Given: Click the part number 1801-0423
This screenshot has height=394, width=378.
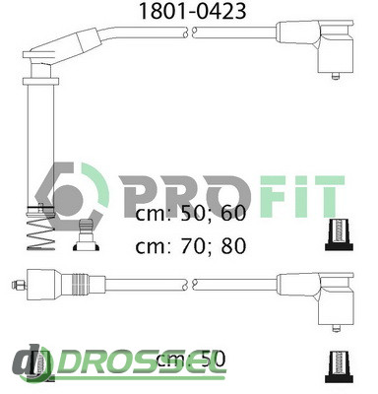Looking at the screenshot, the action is [x=193, y=11].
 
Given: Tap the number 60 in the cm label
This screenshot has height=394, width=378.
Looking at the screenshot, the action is [x=233, y=213].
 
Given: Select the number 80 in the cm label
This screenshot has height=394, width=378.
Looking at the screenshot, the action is [x=233, y=246].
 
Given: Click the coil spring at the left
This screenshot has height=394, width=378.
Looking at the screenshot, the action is [x=40, y=233].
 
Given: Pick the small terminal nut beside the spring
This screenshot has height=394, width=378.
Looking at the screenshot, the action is [x=86, y=235].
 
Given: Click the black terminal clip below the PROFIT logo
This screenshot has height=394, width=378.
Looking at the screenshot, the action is [x=339, y=234].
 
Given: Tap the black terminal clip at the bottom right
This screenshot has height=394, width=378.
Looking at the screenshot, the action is [x=339, y=366].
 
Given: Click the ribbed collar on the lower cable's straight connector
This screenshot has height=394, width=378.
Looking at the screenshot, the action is [x=79, y=284].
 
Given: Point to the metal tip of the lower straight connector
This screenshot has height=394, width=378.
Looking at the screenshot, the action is [x=19, y=285].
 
